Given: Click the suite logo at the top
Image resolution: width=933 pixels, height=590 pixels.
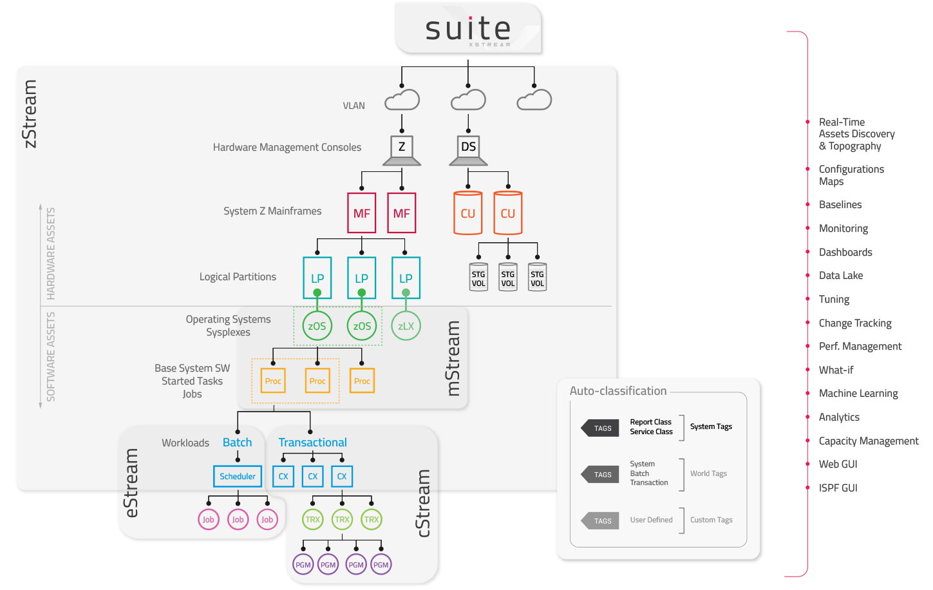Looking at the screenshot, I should pos(468,29).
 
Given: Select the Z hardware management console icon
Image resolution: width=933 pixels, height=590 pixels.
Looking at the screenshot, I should pos(402,149).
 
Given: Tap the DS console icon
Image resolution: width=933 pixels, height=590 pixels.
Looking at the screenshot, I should pos(468,149).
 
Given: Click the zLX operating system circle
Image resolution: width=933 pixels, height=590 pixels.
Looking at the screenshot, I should pos(406,326).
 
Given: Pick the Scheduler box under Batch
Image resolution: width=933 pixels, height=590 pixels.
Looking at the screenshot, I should pos(238,477).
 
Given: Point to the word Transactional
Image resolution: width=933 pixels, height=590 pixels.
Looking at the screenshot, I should pos(312,442).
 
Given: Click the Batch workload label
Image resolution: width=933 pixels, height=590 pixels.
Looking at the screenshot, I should pos(237,442).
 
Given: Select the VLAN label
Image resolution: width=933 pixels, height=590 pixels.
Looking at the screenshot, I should pos(353,106).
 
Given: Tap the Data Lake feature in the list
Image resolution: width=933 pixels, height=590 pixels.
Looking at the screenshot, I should pos(840,276).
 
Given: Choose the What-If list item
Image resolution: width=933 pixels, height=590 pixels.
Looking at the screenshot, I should pos(836,370).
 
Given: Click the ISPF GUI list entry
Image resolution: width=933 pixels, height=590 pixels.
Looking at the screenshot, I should pos(838,488).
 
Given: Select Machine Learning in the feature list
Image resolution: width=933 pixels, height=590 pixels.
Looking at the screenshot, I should pos(858,394).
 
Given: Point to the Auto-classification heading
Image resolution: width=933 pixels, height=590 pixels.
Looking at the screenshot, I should pos(618,391).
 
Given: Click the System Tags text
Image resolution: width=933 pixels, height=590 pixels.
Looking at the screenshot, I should pos(711,426).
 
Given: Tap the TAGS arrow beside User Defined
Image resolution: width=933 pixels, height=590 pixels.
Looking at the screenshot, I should pos(601,520).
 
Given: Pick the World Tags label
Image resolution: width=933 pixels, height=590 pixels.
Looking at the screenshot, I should pos(708,473).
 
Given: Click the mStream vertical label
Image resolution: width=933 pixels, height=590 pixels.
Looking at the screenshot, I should pos(453,358).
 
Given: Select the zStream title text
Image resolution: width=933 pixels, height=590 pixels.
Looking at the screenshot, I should pos(30,114).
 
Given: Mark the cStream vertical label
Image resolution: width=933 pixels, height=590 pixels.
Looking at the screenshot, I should pos(423,503).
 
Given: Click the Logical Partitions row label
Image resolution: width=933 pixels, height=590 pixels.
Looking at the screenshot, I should pos(238,277).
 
